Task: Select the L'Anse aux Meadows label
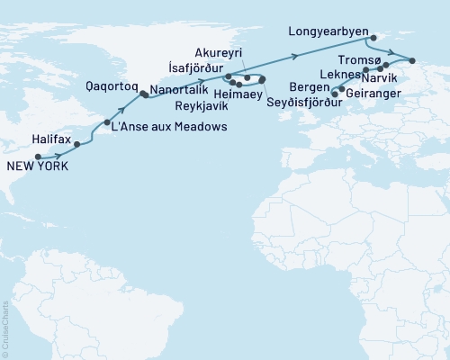click(168, 128)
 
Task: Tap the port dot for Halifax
click(77, 144)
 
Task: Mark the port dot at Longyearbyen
click(373, 37)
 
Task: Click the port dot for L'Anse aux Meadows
click(107, 122)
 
